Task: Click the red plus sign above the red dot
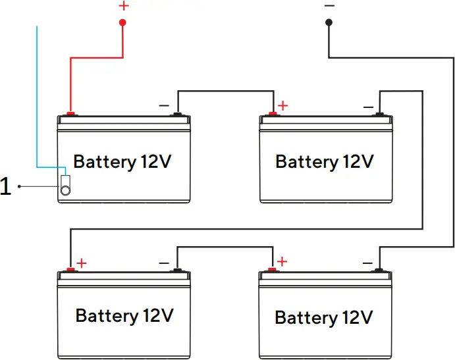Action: point(123,7)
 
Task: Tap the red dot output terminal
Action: point(122,22)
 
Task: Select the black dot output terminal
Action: point(329,22)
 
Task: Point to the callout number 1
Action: point(6,188)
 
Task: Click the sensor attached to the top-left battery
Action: point(65,186)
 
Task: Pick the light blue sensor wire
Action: point(37,99)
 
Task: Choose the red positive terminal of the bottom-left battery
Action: point(70,269)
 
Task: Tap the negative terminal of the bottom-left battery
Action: point(176,270)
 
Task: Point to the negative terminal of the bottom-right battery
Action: point(379,270)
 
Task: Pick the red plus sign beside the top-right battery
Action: point(282,105)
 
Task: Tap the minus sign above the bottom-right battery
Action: point(366,262)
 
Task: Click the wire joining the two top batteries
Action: point(224,91)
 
